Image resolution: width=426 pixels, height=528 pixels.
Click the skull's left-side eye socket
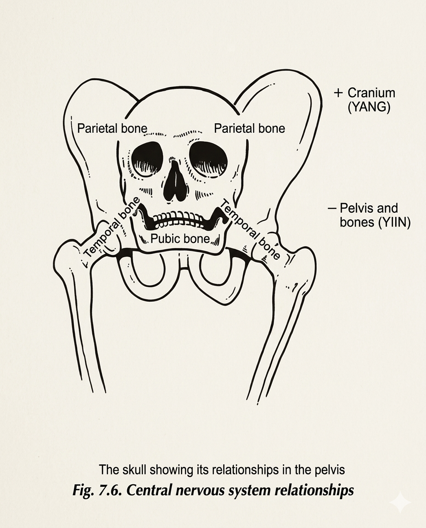click(x=147, y=159)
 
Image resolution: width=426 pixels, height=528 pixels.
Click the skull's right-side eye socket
click(x=209, y=159)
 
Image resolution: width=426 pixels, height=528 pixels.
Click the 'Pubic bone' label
click(x=180, y=238)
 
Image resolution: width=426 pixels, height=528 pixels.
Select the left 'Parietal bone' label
click(x=112, y=128)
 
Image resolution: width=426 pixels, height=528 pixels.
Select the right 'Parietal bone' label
click(x=249, y=128)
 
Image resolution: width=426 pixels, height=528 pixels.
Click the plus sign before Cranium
click(x=338, y=93)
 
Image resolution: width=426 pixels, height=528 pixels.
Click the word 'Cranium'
click(x=371, y=93)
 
